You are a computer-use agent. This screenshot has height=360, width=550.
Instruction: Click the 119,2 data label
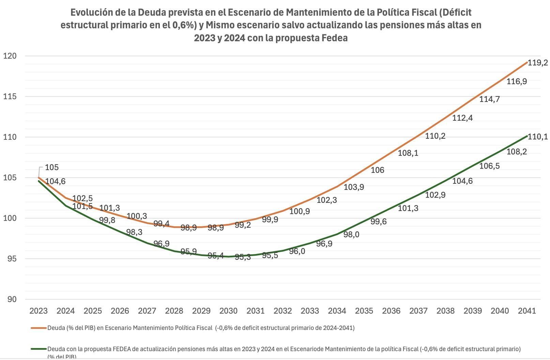537,63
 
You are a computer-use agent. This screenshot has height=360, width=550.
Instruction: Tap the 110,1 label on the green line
537,137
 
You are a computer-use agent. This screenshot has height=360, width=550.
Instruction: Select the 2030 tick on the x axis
228,311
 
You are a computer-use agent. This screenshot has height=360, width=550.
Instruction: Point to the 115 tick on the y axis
10,96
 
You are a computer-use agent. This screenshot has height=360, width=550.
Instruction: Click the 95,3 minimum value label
243,257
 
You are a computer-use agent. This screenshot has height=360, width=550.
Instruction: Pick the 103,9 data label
353,187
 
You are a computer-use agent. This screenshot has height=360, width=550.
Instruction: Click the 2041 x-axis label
527,311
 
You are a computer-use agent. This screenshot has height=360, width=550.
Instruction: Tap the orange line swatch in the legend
39,328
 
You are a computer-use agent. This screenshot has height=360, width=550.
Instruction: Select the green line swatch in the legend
39,349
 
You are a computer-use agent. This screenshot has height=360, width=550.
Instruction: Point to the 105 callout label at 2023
52,167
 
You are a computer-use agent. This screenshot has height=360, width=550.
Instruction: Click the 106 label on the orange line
377,170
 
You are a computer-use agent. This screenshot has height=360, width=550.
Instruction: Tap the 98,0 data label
351,235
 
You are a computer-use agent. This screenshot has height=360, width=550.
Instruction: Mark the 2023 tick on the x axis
38,311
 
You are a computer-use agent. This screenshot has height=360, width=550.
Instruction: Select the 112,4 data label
462,118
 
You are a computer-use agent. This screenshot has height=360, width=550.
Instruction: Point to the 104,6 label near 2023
55,181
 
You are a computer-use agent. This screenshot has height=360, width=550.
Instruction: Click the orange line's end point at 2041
527,62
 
